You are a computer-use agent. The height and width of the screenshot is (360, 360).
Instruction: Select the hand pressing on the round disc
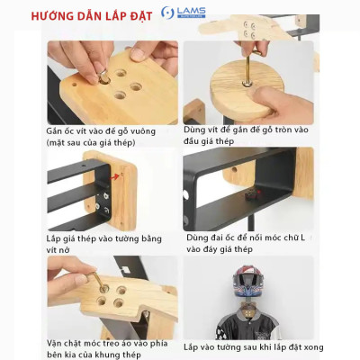click(x=270, y=76)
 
